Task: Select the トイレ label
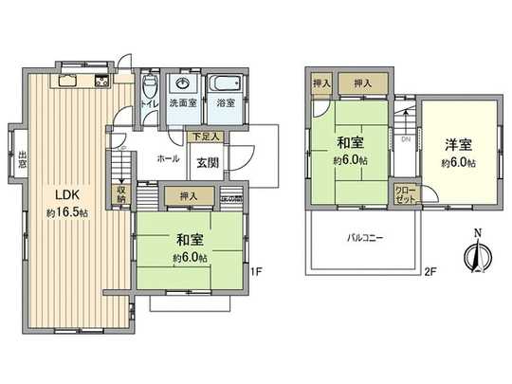pyautogui.click(x=149, y=102)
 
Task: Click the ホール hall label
pyautogui.click(x=168, y=158)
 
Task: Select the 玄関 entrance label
pyautogui.click(x=209, y=160)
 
